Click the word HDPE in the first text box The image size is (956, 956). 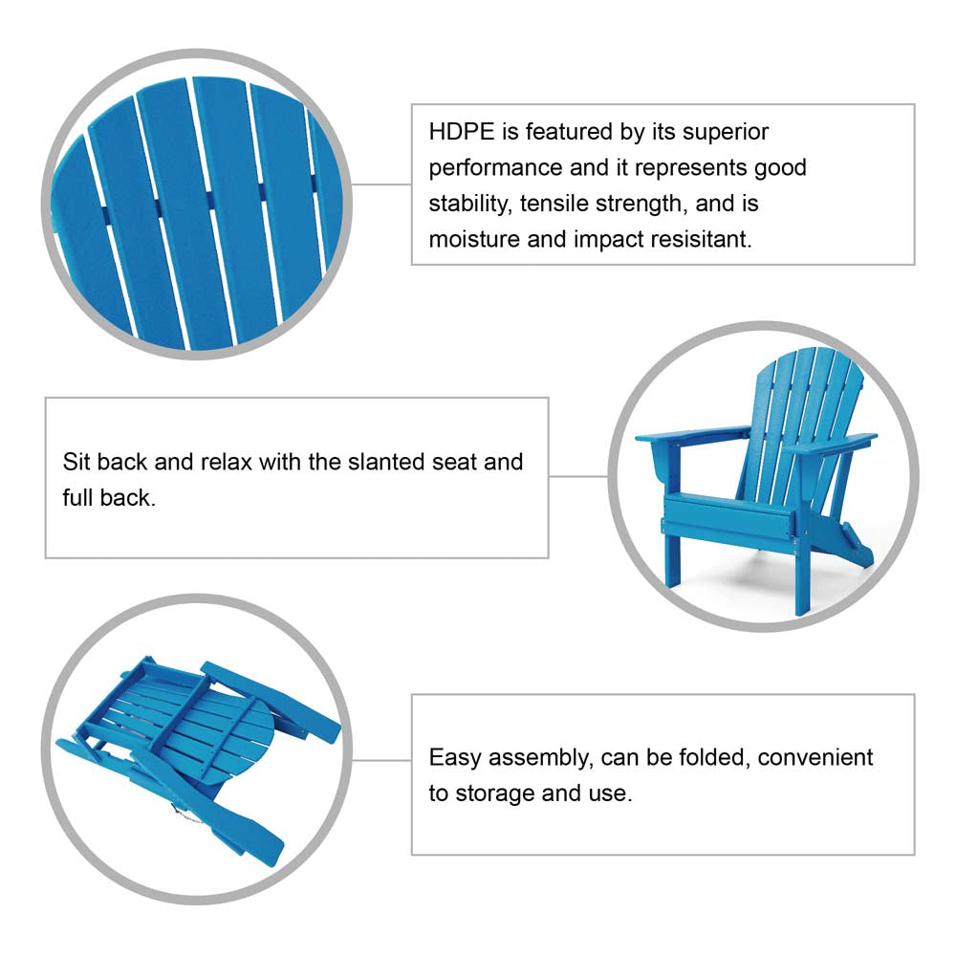pos(462,132)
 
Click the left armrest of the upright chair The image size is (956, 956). pos(692,435)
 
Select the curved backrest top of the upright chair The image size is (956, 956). pos(810,359)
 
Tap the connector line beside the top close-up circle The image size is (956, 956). pos(381,185)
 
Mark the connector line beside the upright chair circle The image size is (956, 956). pos(578,477)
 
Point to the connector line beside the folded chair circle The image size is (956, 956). pos(381,760)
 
